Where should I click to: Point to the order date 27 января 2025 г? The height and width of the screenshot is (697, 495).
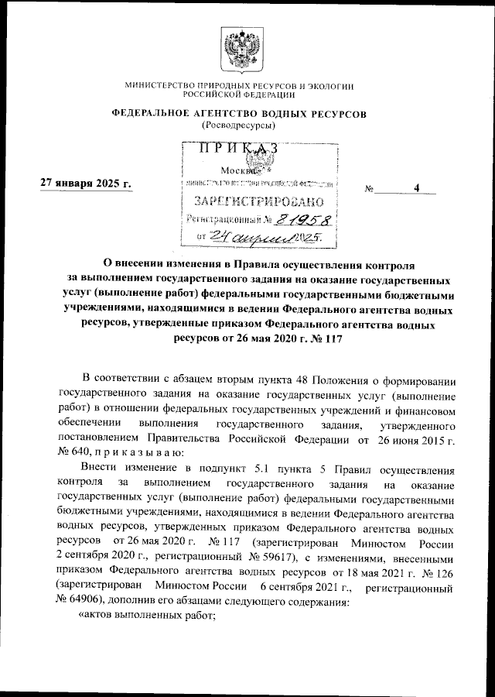[86, 183]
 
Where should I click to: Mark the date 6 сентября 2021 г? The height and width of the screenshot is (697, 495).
[306, 588]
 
